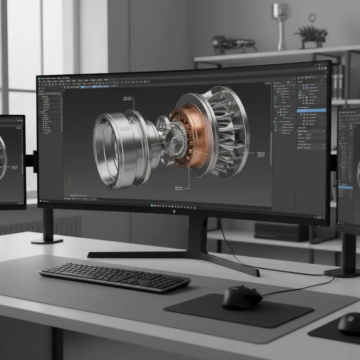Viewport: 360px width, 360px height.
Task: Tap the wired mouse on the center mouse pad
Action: tap(242, 297)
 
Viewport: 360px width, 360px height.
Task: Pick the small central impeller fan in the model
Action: tap(175, 141)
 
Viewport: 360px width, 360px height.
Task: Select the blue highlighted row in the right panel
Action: tap(311, 110)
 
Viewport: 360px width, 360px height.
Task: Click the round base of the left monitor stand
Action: tap(47, 241)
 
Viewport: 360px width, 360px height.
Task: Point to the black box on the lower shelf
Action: tap(281, 232)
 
